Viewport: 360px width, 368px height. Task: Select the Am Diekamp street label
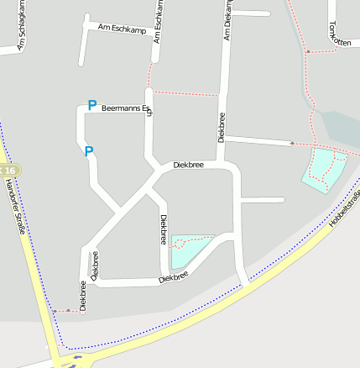pyautogui.click(x=226, y=20)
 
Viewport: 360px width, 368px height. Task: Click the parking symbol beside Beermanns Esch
pyautogui.click(x=91, y=106)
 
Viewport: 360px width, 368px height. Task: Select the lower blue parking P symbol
pyautogui.click(x=88, y=151)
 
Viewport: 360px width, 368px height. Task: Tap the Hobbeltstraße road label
pyautogui.click(x=345, y=208)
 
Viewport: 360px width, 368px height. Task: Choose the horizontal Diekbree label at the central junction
pyautogui.click(x=188, y=165)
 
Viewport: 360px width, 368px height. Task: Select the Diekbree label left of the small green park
pyautogui.click(x=163, y=229)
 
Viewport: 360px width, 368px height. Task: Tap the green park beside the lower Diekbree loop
pyautogui.click(x=189, y=250)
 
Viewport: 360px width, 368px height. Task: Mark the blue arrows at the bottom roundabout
pyautogui.click(x=78, y=358)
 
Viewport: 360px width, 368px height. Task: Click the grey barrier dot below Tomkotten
pyautogui.click(x=307, y=52)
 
